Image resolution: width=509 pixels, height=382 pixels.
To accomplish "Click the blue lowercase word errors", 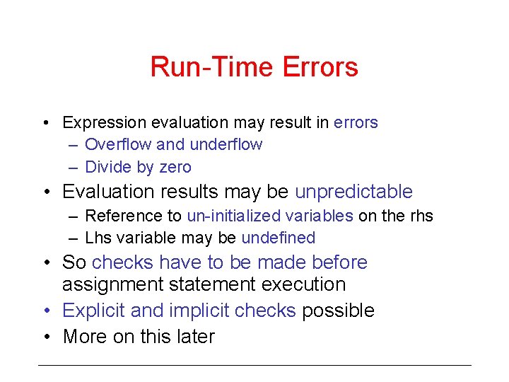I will coord(356,122).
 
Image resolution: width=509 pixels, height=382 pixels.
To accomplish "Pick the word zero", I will coord(175,167).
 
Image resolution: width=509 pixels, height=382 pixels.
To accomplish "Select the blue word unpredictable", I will coord(353,192).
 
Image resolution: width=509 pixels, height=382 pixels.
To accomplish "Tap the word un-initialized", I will coord(234,216).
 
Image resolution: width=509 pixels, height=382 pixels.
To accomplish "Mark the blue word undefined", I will coord(279,238).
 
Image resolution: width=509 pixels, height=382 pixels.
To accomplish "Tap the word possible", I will coord(338,311).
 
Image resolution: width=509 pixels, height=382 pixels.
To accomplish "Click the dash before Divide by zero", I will coord(74,167).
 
